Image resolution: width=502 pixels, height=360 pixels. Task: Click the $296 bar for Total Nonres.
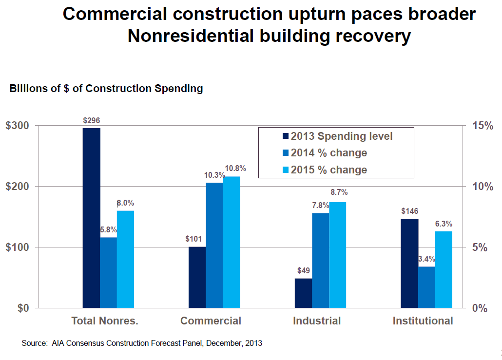[x=92, y=218]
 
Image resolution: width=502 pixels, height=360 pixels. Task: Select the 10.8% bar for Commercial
[x=232, y=242]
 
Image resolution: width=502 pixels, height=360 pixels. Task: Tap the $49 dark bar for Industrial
[x=303, y=293]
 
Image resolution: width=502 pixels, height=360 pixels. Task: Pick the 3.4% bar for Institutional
[x=426, y=287]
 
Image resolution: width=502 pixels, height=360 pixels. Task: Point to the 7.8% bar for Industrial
[x=320, y=261]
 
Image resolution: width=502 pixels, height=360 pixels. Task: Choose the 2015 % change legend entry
[x=328, y=170]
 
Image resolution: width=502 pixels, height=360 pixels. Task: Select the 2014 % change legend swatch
[x=286, y=153]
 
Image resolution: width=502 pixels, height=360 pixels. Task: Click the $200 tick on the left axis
[x=17, y=187]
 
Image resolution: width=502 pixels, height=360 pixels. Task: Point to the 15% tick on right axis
[x=483, y=126]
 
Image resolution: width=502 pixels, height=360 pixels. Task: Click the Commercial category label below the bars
[x=211, y=321]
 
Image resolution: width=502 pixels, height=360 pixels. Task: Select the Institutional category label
[x=423, y=321]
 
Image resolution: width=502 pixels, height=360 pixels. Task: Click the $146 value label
[x=409, y=211]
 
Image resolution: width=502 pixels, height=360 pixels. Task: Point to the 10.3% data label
[x=214, y=175]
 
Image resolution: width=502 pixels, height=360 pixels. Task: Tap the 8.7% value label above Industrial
[x=339, y=192]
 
